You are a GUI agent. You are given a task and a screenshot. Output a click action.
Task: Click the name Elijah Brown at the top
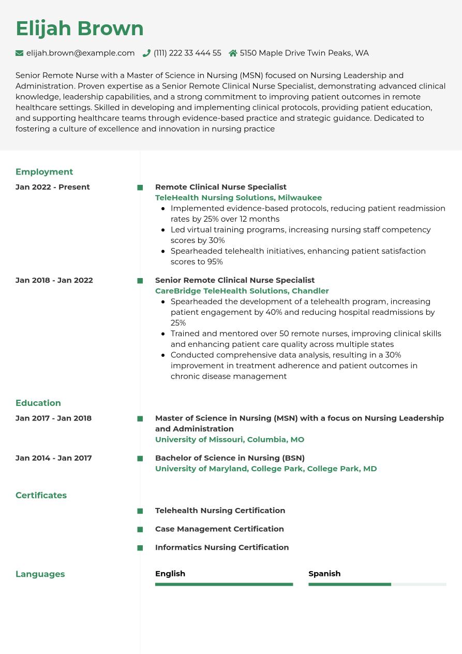(80, 28)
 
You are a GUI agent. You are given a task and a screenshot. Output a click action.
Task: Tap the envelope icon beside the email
(20, 53)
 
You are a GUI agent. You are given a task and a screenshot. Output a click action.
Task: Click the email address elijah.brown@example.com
(80, 53)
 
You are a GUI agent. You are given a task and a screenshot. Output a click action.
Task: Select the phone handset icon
(146, 53)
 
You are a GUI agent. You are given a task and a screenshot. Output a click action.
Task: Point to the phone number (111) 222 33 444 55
(187, 53)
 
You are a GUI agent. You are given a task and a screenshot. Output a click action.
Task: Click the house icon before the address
(233, 53)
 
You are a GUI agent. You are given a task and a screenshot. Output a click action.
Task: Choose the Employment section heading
(44, 172)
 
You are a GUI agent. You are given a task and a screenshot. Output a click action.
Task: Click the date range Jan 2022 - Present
(53, 187)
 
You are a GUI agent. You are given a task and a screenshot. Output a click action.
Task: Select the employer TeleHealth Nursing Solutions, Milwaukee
(239, 198)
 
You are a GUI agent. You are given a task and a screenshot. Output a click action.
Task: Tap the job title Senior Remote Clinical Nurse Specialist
(235, 280)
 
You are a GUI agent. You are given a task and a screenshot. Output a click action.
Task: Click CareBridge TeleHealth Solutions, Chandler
(242, 291)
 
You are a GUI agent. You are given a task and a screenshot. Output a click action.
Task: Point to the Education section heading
(38, 403)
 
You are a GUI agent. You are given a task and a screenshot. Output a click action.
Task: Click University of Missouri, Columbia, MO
(230, 440)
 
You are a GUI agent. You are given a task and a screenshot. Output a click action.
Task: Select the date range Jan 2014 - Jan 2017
(54, 458)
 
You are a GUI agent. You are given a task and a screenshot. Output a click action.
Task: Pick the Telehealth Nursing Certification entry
(220, 511)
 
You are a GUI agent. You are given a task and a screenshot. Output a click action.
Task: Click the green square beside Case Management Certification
(140, 530)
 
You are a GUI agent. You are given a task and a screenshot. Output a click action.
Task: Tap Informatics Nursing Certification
(222, 547)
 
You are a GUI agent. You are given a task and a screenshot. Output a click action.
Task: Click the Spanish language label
(324, 574)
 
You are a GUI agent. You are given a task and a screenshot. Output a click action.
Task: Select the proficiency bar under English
(224, 585)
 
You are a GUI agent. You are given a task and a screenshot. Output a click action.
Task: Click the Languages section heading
(40, 574)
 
